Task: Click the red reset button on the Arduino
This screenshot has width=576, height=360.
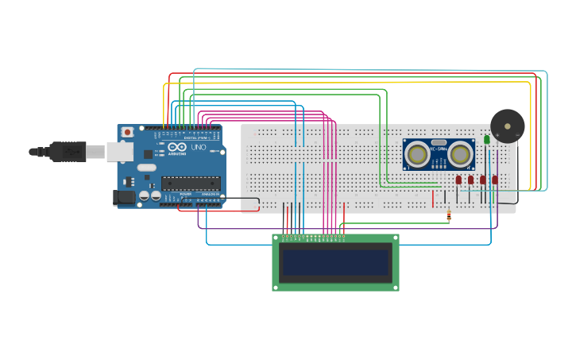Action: [x=126, y=133]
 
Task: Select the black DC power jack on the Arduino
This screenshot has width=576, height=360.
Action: [x=126, y=197]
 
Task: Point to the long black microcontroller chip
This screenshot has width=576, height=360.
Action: [x=190, y=184]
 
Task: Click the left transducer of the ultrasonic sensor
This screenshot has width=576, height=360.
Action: [x=418, y=154]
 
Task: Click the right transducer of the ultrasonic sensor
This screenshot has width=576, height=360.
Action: [x=459, y=154]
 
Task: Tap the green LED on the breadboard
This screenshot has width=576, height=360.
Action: [x=487, y=140]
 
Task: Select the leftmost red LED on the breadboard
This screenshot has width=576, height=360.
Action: [x=458, y=180]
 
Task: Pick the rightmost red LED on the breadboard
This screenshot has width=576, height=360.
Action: [x=494, y=180]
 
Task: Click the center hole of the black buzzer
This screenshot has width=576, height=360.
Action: [x=507, y=126]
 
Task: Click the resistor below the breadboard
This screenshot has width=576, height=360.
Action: [x=450, y=215]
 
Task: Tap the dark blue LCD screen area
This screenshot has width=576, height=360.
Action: [x=336, y=262]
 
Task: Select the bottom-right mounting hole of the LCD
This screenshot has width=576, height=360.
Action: [x=394, y=286]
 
